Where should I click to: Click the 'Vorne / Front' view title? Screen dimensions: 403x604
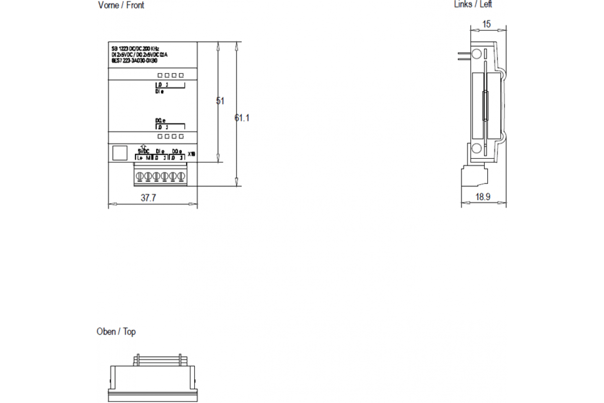point(121,6)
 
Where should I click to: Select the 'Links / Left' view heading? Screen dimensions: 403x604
point(473,5)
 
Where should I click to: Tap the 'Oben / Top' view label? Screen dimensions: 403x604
point(116,332)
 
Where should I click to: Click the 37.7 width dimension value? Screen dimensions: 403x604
point(148,198)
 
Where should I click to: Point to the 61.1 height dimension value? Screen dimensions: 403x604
point(242,118)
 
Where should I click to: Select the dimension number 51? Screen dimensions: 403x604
point(220,101)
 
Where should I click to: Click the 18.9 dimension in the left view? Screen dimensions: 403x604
point(483,197)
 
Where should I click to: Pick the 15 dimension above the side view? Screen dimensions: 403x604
point(486,24)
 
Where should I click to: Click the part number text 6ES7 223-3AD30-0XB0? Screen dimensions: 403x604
point(134,60)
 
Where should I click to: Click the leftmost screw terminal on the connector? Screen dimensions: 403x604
point(141,176)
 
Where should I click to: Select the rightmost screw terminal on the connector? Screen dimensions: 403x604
point(181,176)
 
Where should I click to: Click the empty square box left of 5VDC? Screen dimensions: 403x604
point(119,153)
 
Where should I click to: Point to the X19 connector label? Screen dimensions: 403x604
point(191,155)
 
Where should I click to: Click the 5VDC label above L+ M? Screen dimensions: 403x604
point(143,151)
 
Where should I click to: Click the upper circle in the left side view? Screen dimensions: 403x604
point(476,54)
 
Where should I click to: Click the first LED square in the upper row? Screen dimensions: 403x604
point(160,76)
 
